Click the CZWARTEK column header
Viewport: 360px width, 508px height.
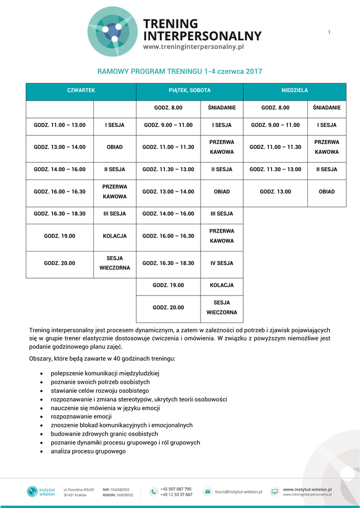[81, 91]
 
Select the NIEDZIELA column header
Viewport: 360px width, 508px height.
[294, 91]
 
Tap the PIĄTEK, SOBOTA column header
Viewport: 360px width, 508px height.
[190, 91]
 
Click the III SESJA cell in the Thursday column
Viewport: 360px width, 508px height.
[115, 214]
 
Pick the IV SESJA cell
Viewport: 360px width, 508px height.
[221, 263]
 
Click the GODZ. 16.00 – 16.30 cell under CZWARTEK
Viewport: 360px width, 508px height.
[60, 191]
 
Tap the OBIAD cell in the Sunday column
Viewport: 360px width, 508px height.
[327, 191]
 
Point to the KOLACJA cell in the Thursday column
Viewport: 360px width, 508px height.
[115, 236]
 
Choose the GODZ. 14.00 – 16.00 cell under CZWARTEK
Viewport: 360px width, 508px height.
[60, 169]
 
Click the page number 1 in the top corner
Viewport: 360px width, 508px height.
[329, 33]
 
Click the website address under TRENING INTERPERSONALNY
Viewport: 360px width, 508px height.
[194, 47]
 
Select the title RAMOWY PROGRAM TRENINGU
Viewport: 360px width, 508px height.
[180, 71]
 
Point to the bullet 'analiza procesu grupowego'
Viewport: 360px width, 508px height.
[88, 451]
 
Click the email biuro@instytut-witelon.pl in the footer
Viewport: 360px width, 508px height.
[238, 492]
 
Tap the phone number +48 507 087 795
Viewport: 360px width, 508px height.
[176, 489]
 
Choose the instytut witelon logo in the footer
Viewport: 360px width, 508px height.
[40, 492]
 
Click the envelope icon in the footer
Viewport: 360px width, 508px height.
[207, 492]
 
